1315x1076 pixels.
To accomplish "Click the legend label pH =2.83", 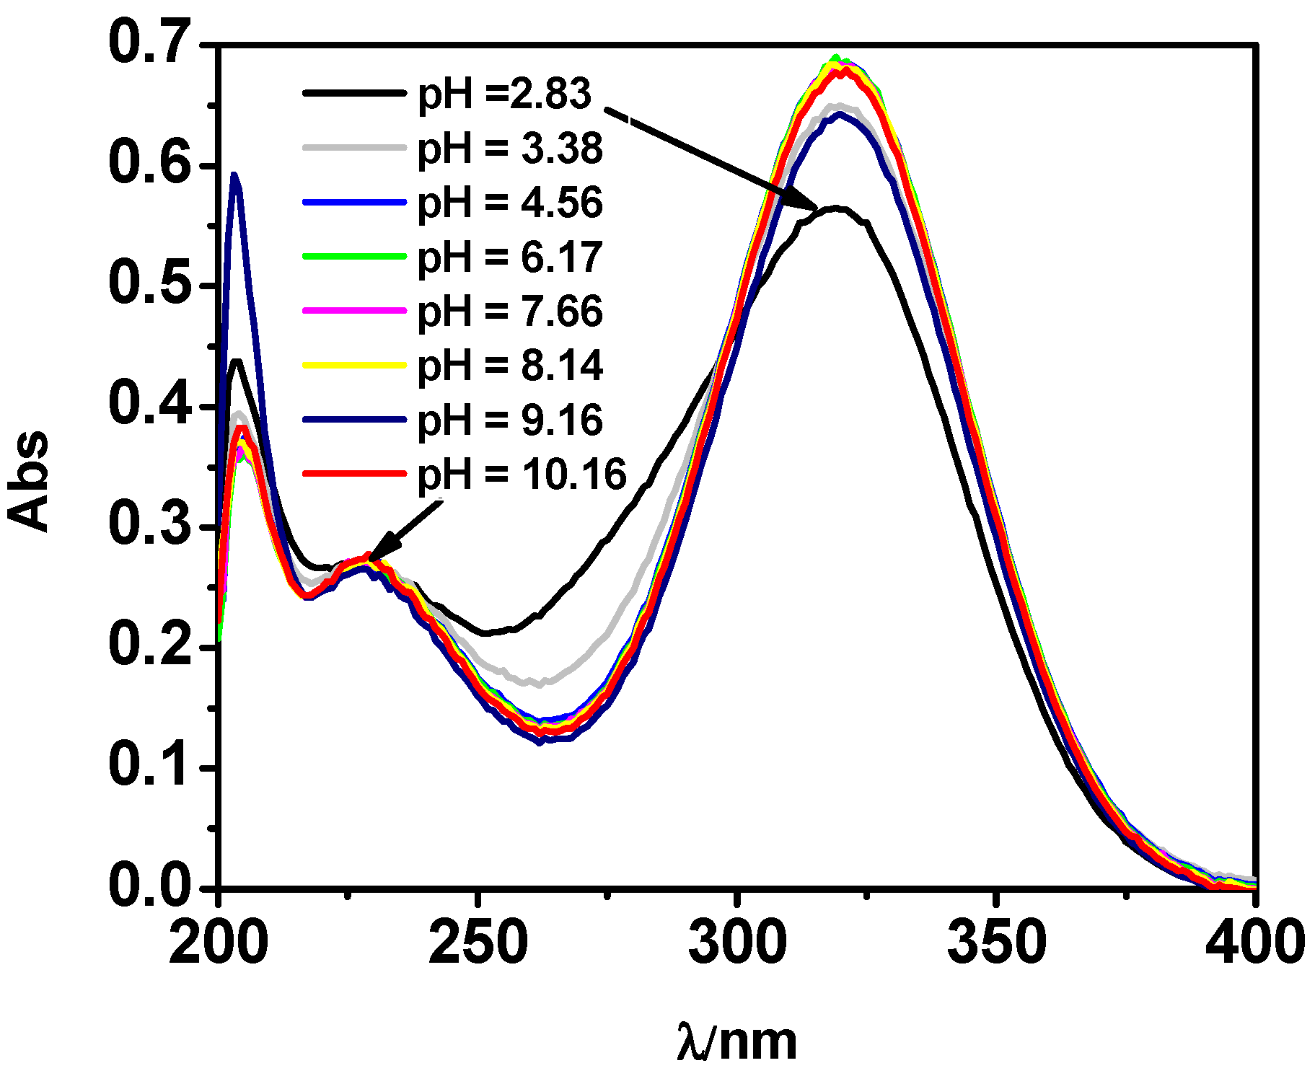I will pyautogui.click(x=504, y=94).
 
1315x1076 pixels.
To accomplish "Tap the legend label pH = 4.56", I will pyautogui.click(x=510, y=203).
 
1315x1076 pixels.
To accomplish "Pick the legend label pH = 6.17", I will pyautogui.click(x=510, y=257).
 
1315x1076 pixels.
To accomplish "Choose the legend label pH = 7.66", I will pyautogui.click(x=510, y=311).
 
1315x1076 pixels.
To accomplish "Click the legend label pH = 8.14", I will pyautogui.click(x=510, y=365).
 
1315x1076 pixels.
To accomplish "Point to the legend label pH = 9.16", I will pyautogui.click(x=510, y=420).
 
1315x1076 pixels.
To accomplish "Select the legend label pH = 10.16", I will pyautogui.click(x=522, y=474).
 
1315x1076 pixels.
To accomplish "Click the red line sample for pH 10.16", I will pyautogui.click(x=353, y=474).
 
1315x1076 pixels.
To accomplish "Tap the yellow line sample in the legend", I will pyautogui.click(x=353, y=365).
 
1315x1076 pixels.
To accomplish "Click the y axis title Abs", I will pyautogui.click(x=29, y=481).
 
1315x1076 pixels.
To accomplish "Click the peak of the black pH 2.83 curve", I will pyautogui.click(x=837, y=208).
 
